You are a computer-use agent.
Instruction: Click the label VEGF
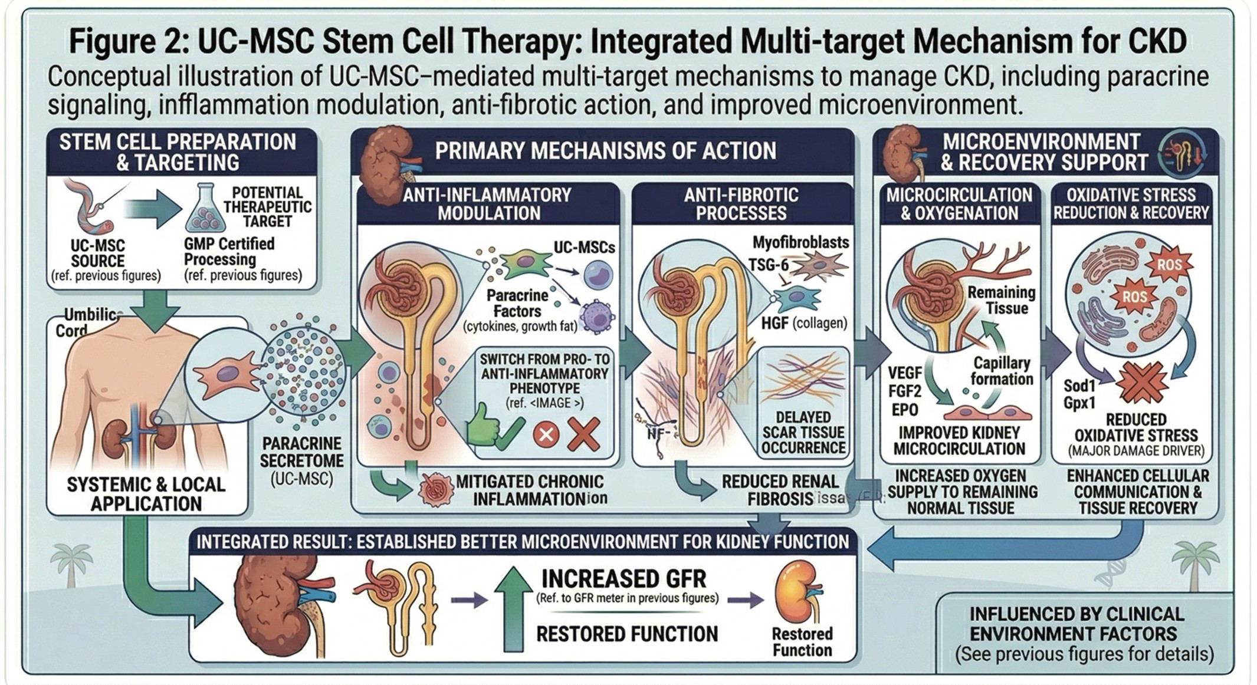coord(904,373)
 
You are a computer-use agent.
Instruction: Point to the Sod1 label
coord(1079,387)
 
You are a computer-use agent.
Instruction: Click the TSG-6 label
coord(768,265)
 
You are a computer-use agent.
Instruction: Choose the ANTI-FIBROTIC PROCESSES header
coord(741,204)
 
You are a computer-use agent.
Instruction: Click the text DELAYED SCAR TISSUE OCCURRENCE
coord(803,432)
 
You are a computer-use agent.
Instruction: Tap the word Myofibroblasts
coord(800,242)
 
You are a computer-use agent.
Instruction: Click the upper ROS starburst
coord(1168,265)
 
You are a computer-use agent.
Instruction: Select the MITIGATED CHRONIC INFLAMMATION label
coord(530,490)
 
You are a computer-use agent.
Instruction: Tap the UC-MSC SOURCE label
coord(98,253)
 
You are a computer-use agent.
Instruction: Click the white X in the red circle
coord(546,435)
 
